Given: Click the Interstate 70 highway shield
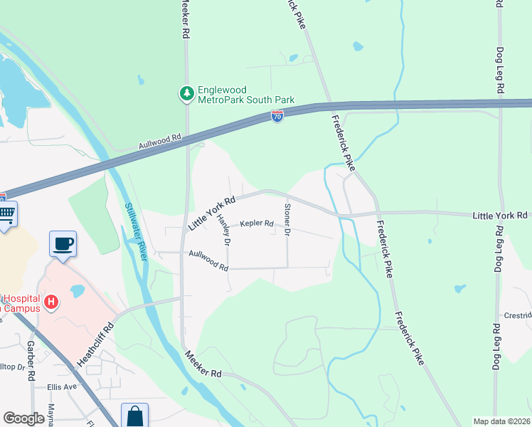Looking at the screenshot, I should (277, 116).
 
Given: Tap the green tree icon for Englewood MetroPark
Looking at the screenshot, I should (186, 93).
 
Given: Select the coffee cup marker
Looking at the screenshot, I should (63, 244).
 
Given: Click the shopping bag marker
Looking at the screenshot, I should (134, 416).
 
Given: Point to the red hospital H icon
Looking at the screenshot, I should (50, 302).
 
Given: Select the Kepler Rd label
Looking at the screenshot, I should (257, 223).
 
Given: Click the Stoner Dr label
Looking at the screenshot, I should (287, 219).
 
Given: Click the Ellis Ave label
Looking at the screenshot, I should (61, 387).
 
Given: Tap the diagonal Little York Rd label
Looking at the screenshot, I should (211, 213).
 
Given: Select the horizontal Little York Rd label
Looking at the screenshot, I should (501, 215).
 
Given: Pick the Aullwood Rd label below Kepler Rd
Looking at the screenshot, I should (208, 260).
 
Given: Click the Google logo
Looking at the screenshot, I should (23, 418).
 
